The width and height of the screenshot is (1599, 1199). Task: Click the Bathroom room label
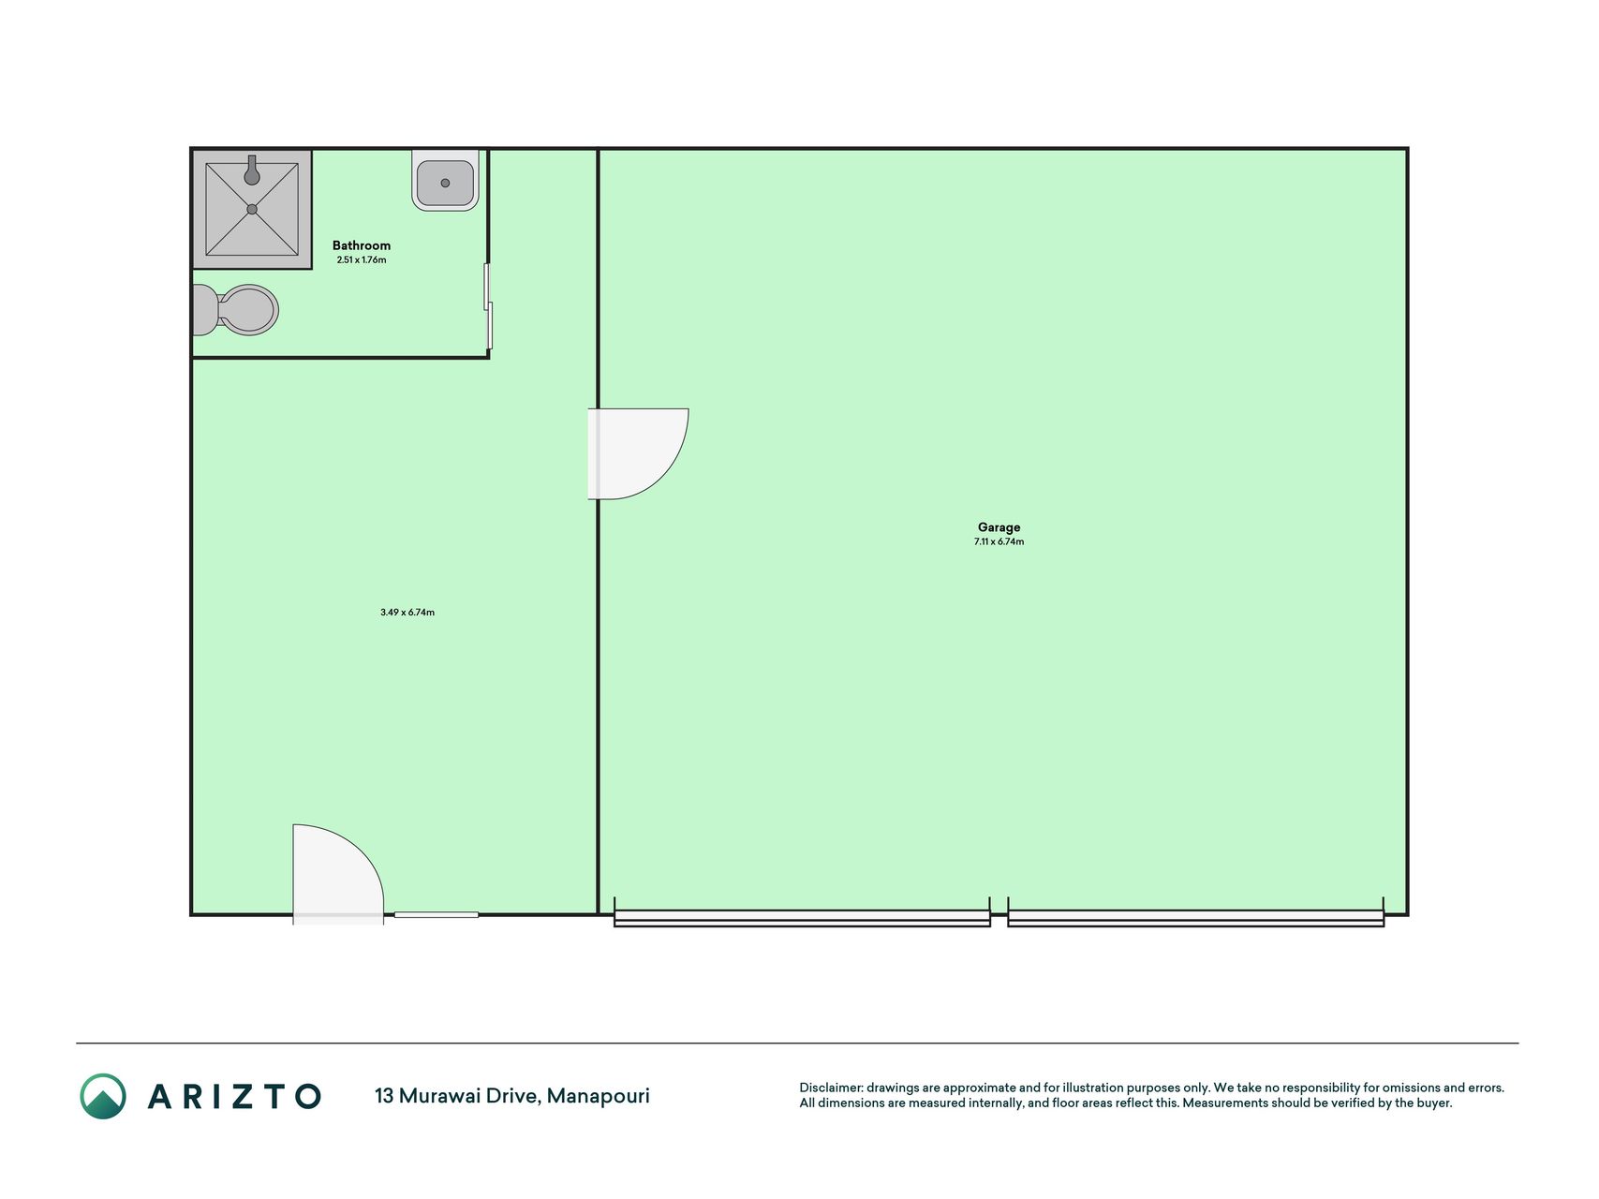click(x=362, y=245)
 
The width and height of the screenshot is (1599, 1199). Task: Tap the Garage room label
click(x=999, y=527)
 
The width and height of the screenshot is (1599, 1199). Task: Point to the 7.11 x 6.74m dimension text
click(x=999, y=541)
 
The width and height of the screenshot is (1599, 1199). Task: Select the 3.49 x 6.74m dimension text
click(x=407, y=612)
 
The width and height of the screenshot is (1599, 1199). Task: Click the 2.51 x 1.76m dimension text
click(x=362, y=259)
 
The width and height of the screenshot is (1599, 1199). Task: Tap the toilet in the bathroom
click(x=235, y=310)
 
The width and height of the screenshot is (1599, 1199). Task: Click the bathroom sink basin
click(x=445, y=180)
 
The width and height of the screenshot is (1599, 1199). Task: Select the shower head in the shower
click(x=251, y=170)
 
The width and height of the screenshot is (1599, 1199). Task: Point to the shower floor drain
click(x=252, y=210)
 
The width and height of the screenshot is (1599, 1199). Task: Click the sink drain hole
click(x=445, y=183)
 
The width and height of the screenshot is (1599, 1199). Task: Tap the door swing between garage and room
click(x=638, y=454)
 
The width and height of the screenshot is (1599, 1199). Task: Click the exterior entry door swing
click(x=338, y=873)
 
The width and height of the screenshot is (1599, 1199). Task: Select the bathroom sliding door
click(x=488, y=306)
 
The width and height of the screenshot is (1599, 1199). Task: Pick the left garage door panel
click(x=802, y=918)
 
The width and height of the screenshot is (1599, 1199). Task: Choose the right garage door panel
click(x=1196, y=918)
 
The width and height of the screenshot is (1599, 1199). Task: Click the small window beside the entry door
click(x=437, y=914)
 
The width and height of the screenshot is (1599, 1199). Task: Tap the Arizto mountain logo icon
click(x=103, y=1096)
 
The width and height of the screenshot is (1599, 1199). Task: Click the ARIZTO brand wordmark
click(x=234, y=1096)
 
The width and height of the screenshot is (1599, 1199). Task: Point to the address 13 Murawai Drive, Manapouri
click(x=512, y=1095)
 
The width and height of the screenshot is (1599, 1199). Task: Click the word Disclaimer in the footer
click(x=831, y=1088)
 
